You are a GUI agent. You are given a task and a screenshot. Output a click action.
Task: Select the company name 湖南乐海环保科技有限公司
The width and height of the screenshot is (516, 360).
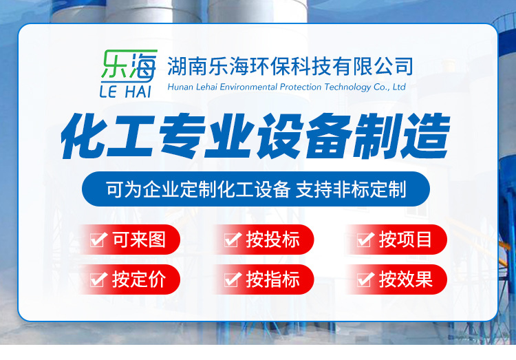290,66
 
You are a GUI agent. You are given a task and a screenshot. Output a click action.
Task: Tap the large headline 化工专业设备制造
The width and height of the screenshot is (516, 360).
255,138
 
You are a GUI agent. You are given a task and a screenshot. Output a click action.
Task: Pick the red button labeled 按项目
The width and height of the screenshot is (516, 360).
396,240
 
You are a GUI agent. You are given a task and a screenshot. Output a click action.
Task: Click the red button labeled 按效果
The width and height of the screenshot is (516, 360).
396,279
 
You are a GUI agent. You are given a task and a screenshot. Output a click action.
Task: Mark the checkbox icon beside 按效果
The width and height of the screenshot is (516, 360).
365,279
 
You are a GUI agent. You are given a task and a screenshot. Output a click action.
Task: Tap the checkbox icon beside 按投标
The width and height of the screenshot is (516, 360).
233,240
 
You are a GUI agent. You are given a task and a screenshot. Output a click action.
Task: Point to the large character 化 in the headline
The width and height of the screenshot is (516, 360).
84,138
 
